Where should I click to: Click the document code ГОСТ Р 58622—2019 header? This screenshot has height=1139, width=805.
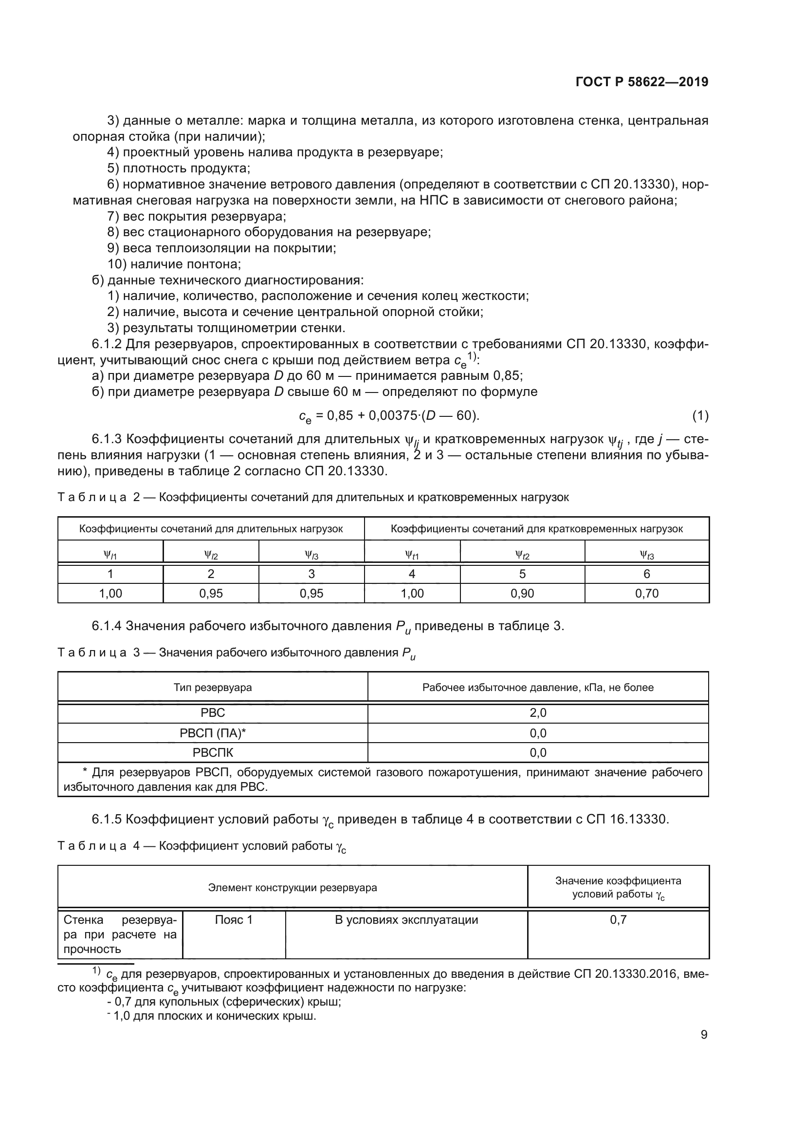pos(642,82)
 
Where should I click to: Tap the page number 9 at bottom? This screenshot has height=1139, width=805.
pos(704,1035)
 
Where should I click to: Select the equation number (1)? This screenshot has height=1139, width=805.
pos(700,416)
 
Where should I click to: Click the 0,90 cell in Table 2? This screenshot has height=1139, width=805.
pos(522,593)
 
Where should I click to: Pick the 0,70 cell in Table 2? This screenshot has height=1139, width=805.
pos(646,593)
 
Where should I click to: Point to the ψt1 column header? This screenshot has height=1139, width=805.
pos(411,555)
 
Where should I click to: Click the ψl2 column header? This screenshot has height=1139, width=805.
pos(211,555)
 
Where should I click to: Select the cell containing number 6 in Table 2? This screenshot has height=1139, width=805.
pos(646,574)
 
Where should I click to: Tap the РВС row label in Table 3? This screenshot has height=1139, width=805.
pos(213,713)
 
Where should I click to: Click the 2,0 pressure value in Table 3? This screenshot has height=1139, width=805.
pos(538,713)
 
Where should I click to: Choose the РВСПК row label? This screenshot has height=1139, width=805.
pos(213,752)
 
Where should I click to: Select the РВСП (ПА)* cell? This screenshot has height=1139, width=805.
pos(213,733)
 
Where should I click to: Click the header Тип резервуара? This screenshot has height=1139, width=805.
pos(213,688)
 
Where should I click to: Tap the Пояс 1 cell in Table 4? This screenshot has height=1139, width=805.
pos(234,920)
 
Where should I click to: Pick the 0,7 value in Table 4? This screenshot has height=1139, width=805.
pos(618,920)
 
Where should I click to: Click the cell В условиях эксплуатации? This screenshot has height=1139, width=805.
pos(406,920)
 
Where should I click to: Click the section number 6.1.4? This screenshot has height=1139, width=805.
pos(107,626)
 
